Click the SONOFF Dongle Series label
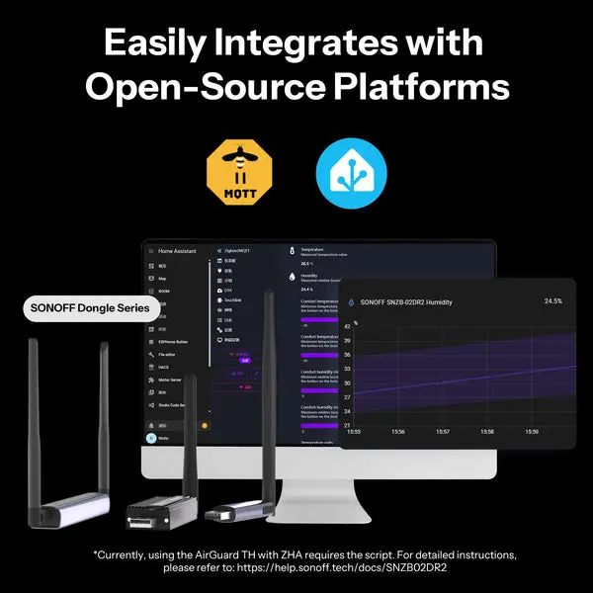[x=90, y=307]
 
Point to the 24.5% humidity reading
[x=552, y=300]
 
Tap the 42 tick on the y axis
[x=347, y=324]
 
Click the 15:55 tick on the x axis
[x=353, y=432]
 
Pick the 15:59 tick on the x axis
[x=532, y=432]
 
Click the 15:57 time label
[x=443, y=432]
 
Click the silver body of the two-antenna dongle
[x=68, y=510]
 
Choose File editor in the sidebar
[x=171, y=354]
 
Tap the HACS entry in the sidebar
[x=165, y=367]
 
